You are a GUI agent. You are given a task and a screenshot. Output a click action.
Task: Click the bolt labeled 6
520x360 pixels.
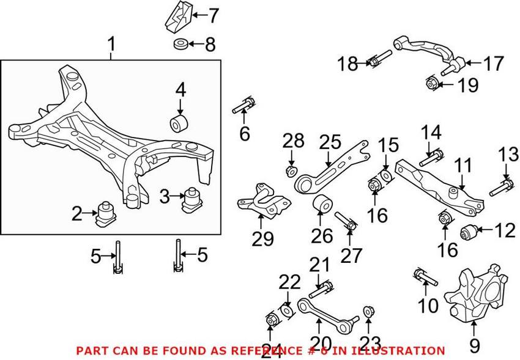click(243, 106)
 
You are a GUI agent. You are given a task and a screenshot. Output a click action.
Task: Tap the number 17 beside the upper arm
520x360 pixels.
click(492, 63)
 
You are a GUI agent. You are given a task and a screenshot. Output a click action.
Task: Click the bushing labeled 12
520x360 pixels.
click(469, 232)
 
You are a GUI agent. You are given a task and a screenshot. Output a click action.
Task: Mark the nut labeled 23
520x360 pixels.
click(368, 312)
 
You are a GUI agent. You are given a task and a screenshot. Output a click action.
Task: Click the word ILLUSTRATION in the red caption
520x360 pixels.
click(406, 351)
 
